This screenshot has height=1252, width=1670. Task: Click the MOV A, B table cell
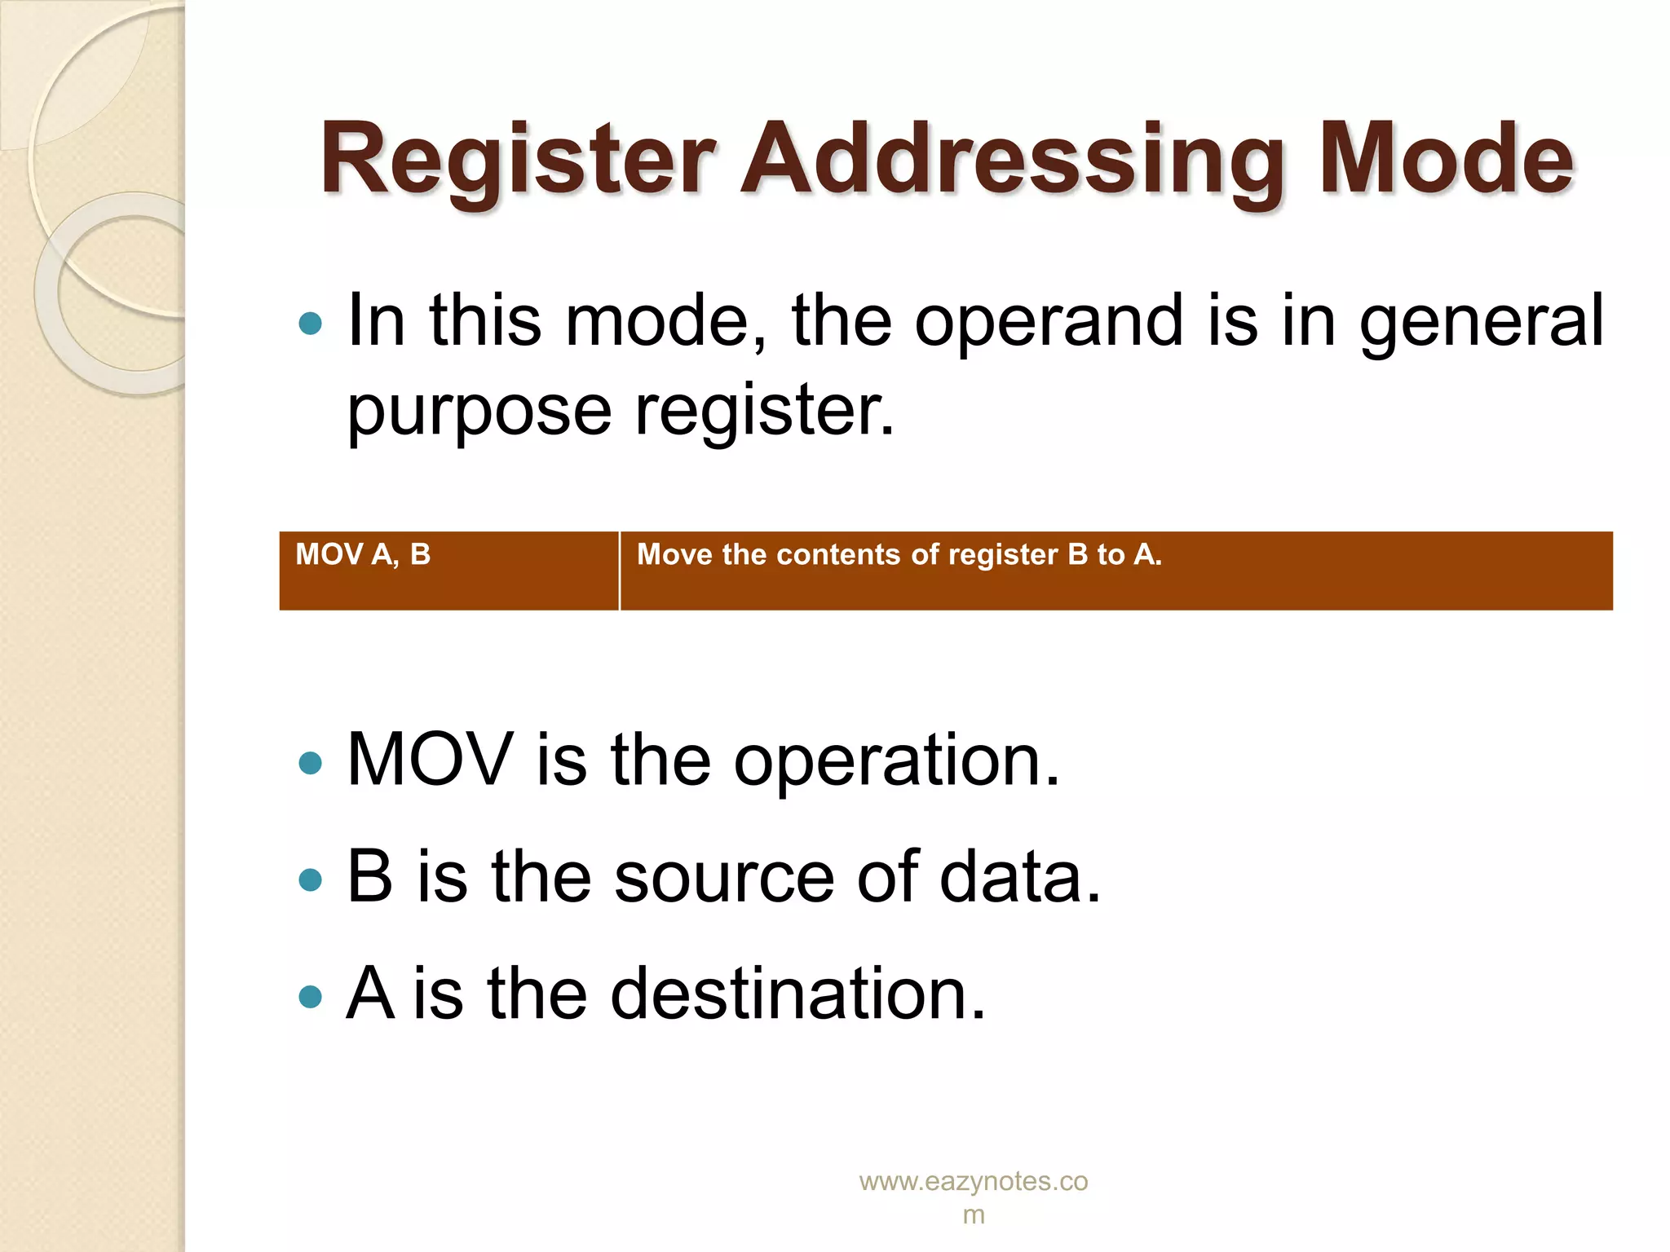pyautogui.click(x=448, y=571)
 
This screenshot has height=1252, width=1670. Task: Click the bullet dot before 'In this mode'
pyautogui.click(x=311, y=324)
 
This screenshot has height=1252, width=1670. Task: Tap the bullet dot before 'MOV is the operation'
pyautogui.click(x=311, y=763)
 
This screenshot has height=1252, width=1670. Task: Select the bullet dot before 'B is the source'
pyautogui.click(x=311, y=880)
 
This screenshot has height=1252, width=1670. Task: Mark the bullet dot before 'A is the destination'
pyautogui.click(x=311, y=996)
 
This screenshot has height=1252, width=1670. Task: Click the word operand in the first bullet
pyautogui.click(x=1049, y=320)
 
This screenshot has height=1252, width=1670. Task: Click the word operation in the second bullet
pyautogui.click(x=896, y=760)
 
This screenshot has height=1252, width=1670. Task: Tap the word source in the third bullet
pyautogui.click(x=724, y=878)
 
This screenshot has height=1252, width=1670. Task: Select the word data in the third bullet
pyautogui.click(x=1019, y=878)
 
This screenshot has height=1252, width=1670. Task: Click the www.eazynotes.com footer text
pyautogui.click(x=973, y=1197)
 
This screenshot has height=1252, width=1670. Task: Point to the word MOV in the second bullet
pyautogui.click(x=430, y=760)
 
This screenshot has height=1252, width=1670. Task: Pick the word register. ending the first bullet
pyautogui.click(x=764, y=410)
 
